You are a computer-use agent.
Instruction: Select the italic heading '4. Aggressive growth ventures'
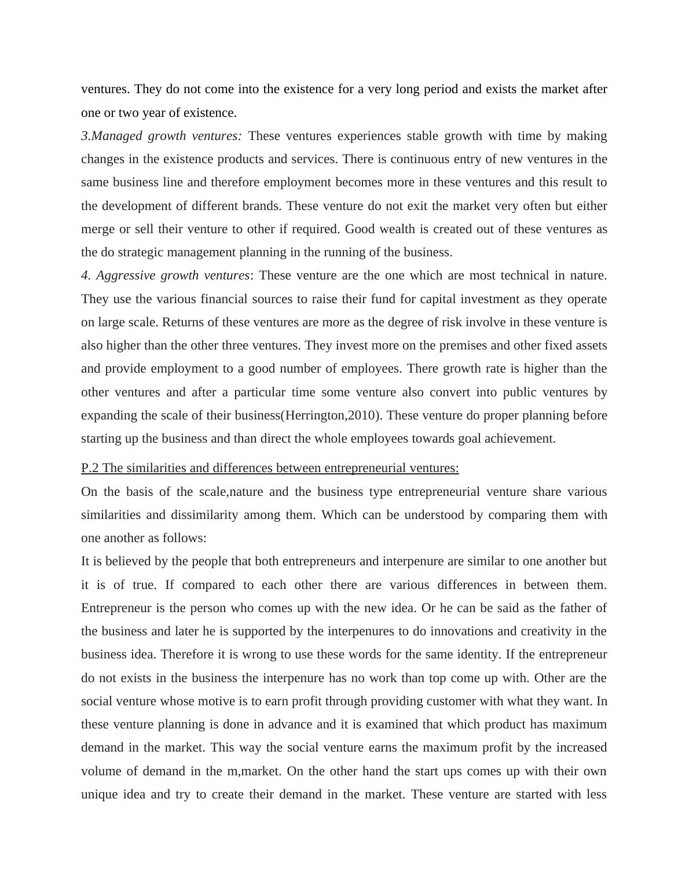coord(166,275)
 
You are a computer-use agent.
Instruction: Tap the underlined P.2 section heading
coord(270,468)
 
